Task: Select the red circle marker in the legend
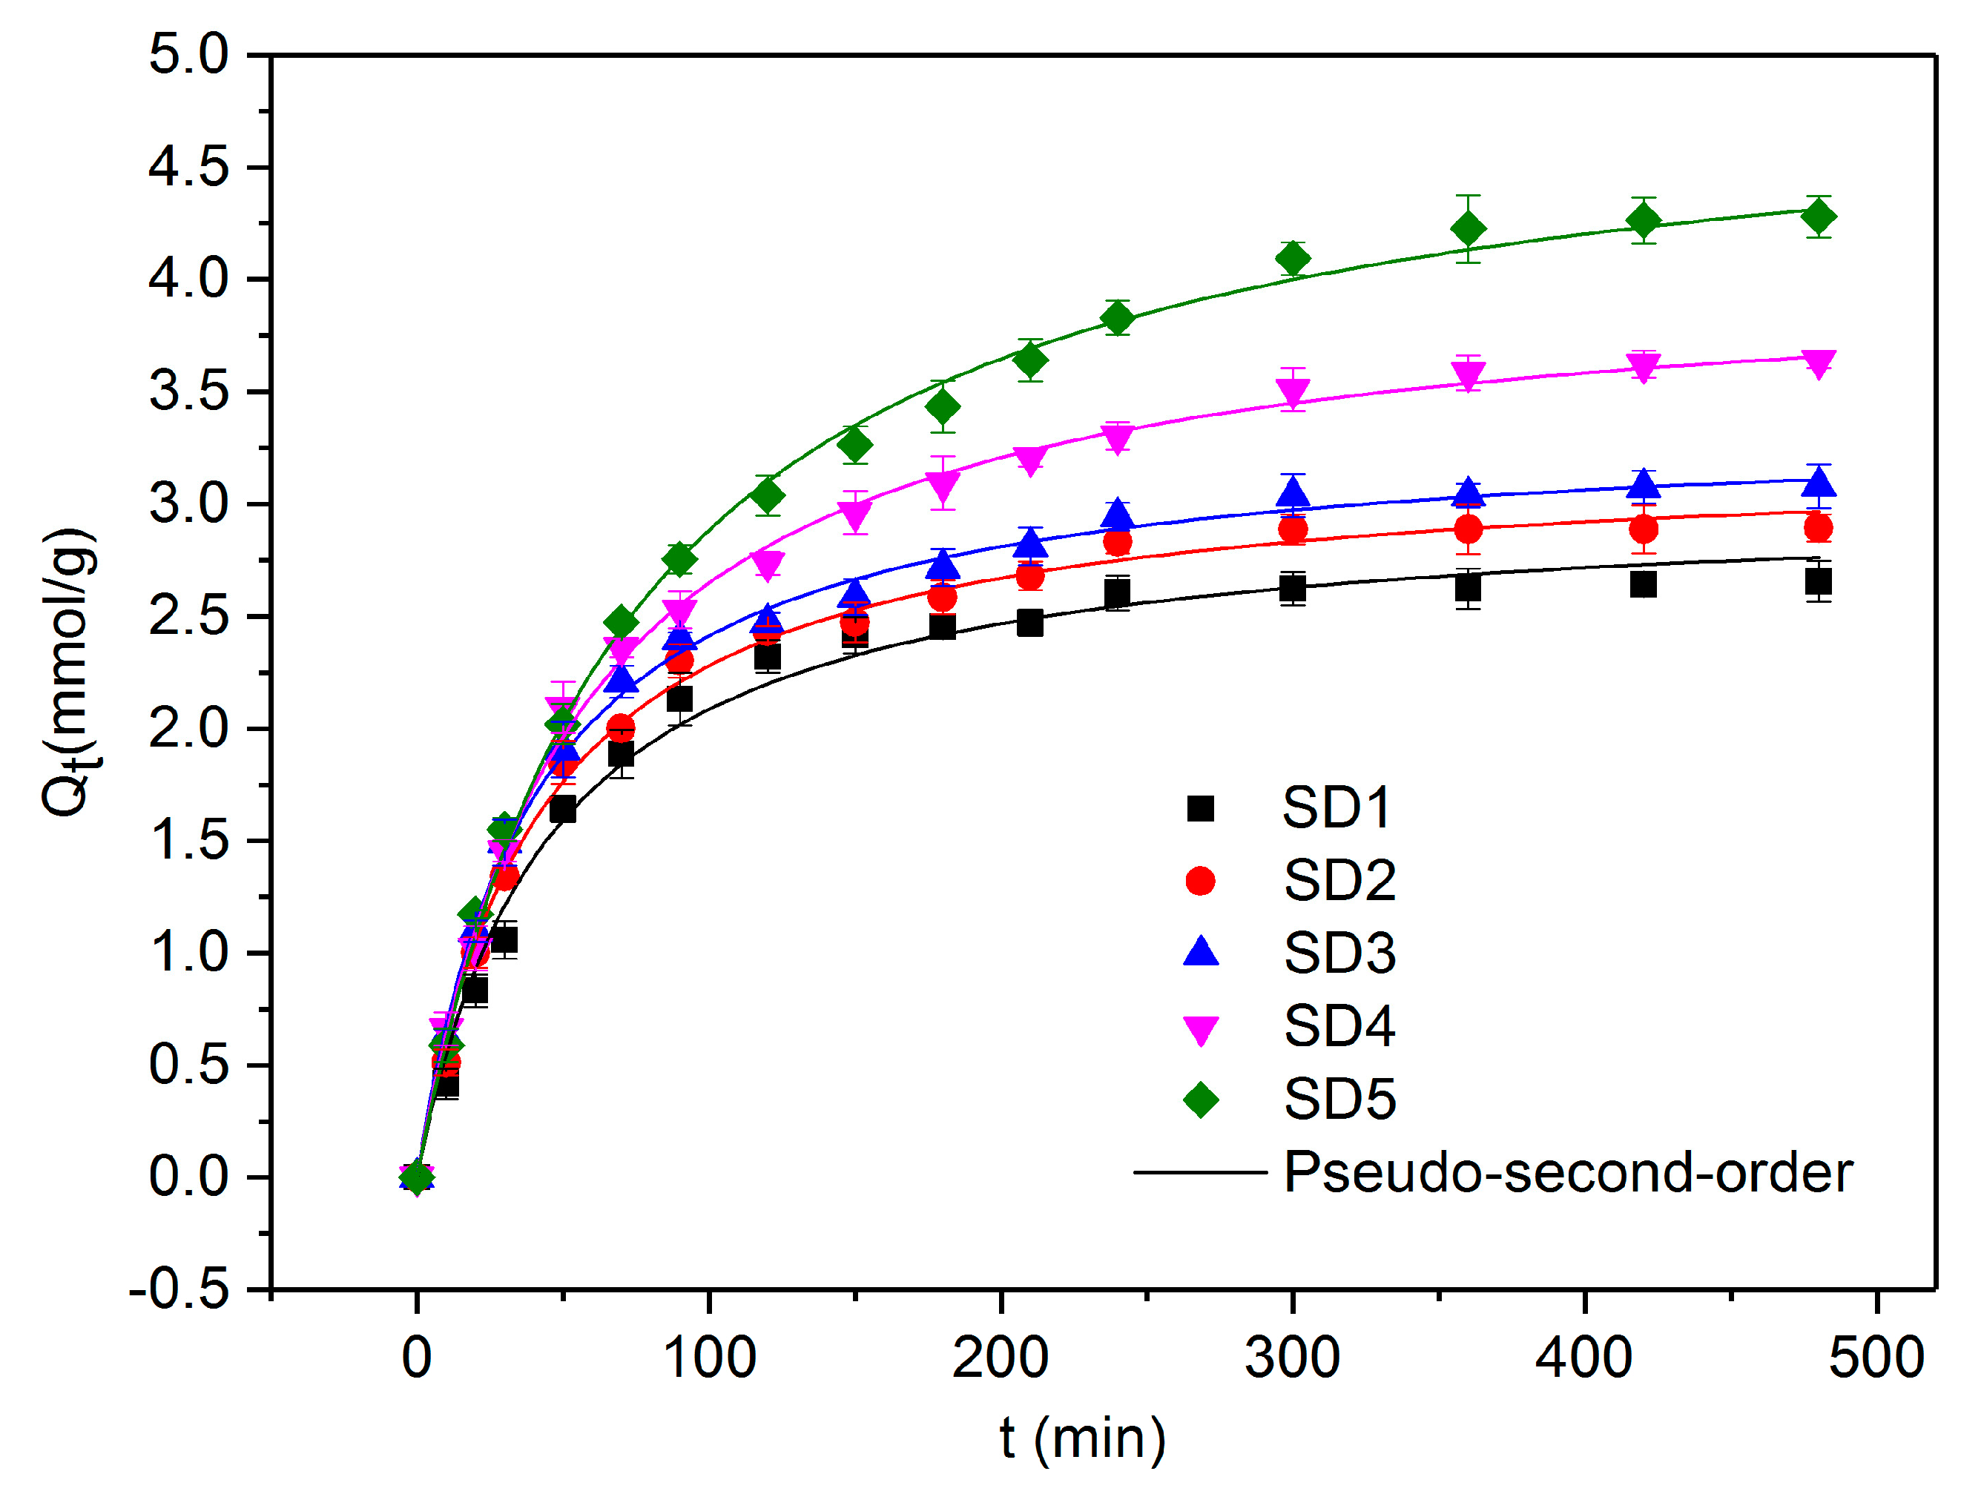tap(1200, 882)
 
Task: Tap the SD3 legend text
tap(1339, 954)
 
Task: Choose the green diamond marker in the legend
tap(1200, 1100)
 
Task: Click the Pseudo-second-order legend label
tap(1567, 1172)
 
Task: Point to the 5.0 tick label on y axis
tap(188, 54)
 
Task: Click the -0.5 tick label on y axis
tap(179, 1289)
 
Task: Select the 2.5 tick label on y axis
tap(188, 616)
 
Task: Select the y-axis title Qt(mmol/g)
tap(70, 672)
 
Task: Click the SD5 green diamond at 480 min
tap(1818, 216)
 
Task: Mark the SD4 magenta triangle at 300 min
tap(1292, 391)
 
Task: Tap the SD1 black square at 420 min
tap(1643, 584)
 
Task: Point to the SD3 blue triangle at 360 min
tap(1469, 492)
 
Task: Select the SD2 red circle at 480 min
tap(1818, 528)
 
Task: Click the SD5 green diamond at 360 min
tap(1468, 228)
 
